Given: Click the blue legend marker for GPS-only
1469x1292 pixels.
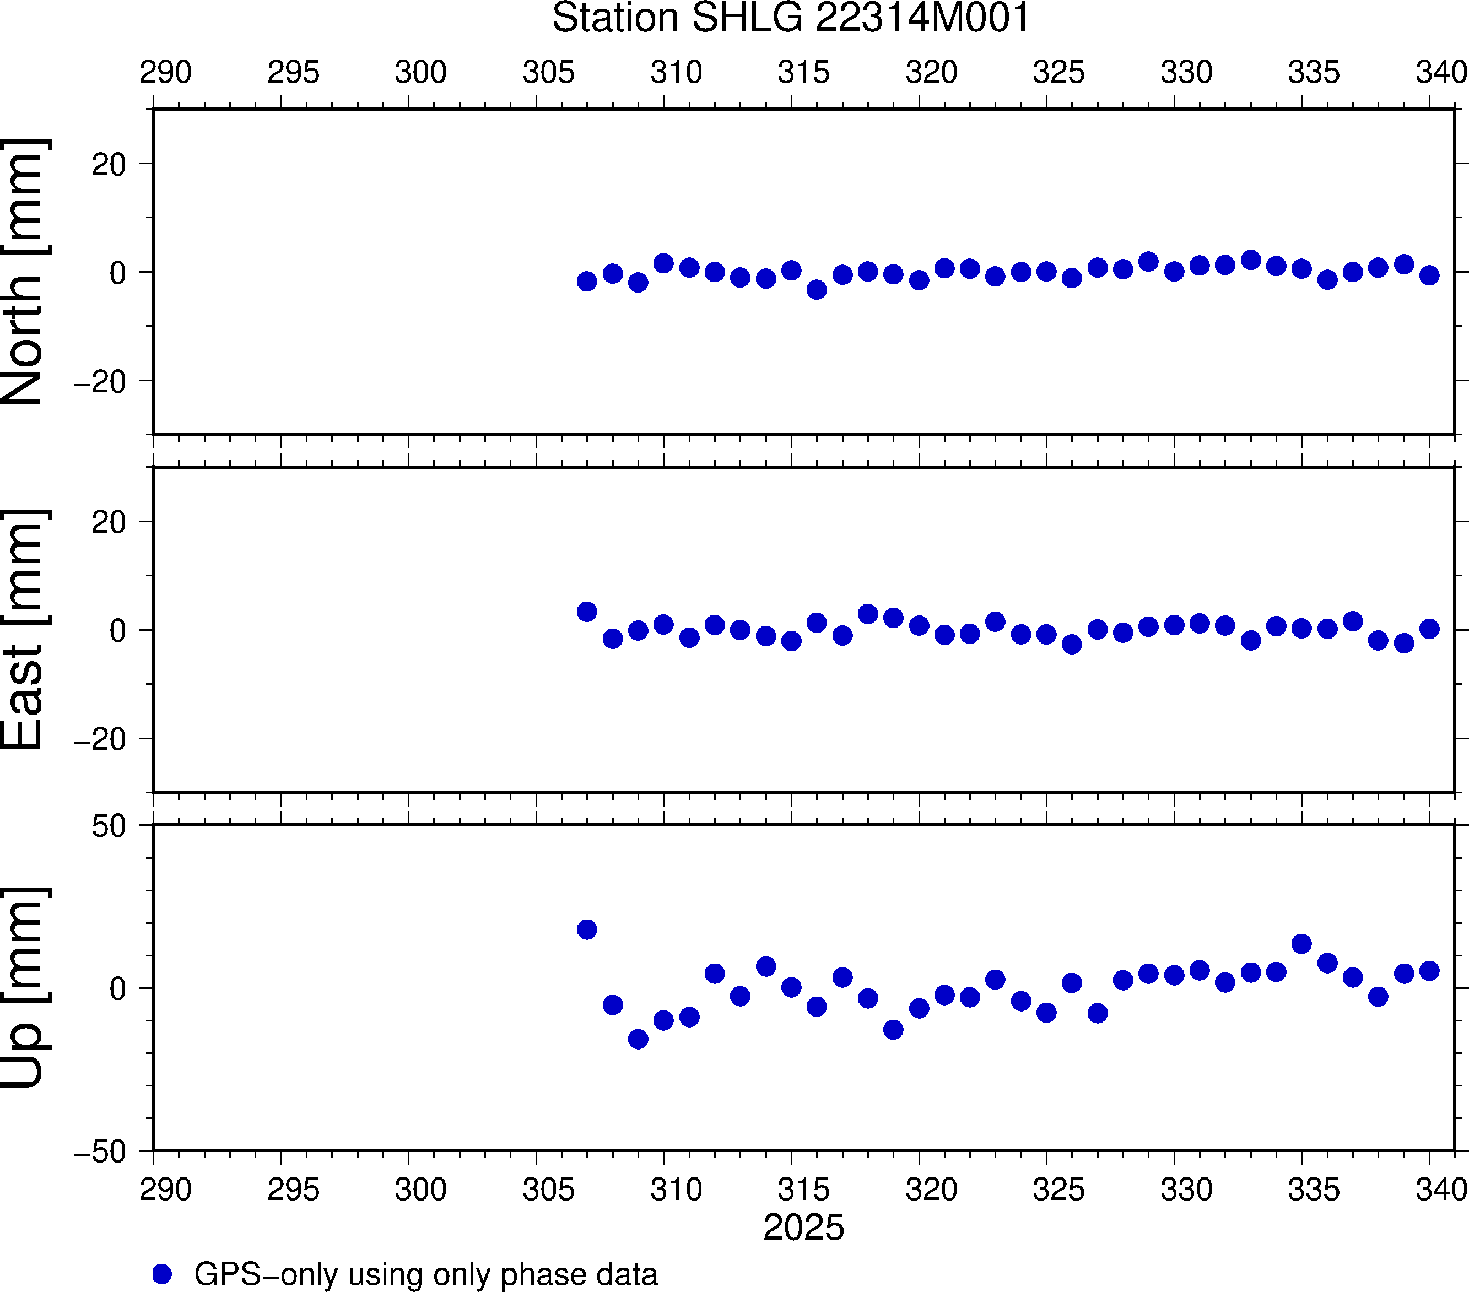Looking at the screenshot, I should [x=163, y=1274].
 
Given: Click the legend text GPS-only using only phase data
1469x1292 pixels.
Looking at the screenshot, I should [x=425, y=1274].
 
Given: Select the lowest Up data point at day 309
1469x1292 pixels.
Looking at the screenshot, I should [x=638, y=1039].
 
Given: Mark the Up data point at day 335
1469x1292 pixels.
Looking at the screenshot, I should [x=1301, y=943].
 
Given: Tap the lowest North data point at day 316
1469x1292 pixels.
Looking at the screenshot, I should [x=817, y=290].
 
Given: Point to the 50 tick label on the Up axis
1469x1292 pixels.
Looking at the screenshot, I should [x=109, y=827].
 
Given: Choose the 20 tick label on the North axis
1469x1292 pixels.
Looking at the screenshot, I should [x=109, y=165].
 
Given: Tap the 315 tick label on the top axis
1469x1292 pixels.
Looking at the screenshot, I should [x=803, y=73].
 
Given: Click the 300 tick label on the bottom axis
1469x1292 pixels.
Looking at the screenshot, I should [x=420, y=1189].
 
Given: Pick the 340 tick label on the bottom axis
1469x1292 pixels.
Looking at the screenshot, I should [x=1441, y=1189].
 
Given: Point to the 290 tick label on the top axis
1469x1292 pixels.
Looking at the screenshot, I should [x=165, y=73].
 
